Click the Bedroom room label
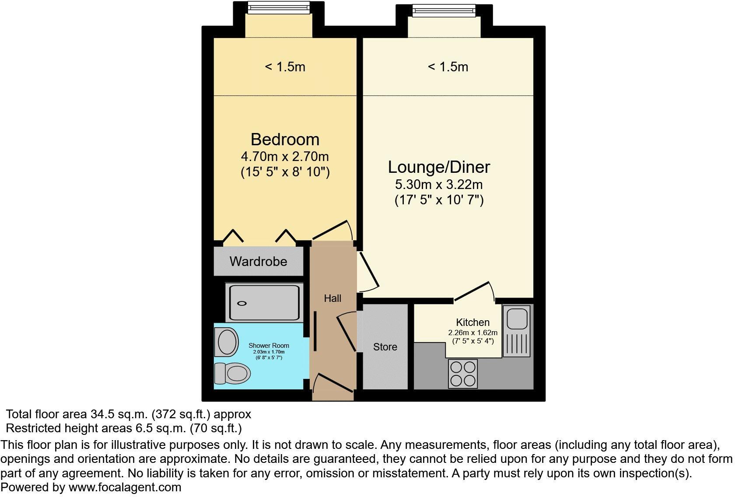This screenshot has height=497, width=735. coord(285,140)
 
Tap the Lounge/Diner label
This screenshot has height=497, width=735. coord(439,167)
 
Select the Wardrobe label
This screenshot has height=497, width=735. coord(258,262)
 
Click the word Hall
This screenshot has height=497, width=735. coord(332,298)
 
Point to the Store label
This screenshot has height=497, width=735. coord(385,347)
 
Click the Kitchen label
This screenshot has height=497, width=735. coord(473,322)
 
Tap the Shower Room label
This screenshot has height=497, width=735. coord(269,346)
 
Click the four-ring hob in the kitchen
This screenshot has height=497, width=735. coord(463,374)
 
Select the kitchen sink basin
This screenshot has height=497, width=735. coord(517,318)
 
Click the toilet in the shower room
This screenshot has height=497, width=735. coord(232,373)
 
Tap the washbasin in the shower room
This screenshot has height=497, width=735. coord(227,342)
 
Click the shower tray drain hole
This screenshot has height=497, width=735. coord(242,304)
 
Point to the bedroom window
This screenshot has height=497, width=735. coord(279,8)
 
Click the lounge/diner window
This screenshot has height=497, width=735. coord(444,11)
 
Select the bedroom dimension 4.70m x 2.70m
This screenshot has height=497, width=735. coord(285,157)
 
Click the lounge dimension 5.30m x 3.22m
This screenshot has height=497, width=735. coord(439,185)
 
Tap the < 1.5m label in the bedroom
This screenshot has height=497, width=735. coord(285,67)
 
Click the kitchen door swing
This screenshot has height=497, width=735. coord(474,291)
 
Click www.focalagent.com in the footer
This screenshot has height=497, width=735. coord(125,487)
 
